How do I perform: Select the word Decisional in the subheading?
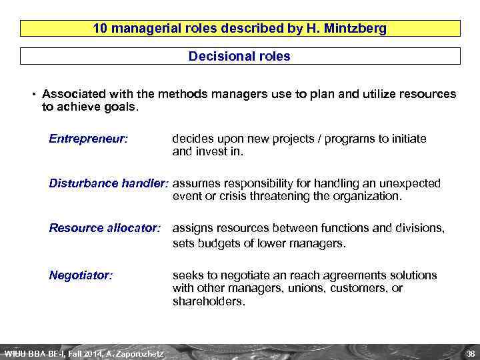[x=217, y=57]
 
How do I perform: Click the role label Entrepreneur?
[x=89, y=139]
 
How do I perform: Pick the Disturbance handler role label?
[x=109, y=183]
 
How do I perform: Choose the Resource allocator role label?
[x=105, y=228]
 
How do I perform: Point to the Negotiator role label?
[x=81, y=275]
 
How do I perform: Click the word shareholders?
[x=207, y=301]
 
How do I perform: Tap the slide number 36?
[x=470, y=353]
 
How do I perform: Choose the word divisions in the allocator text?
[x=418, y=228]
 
